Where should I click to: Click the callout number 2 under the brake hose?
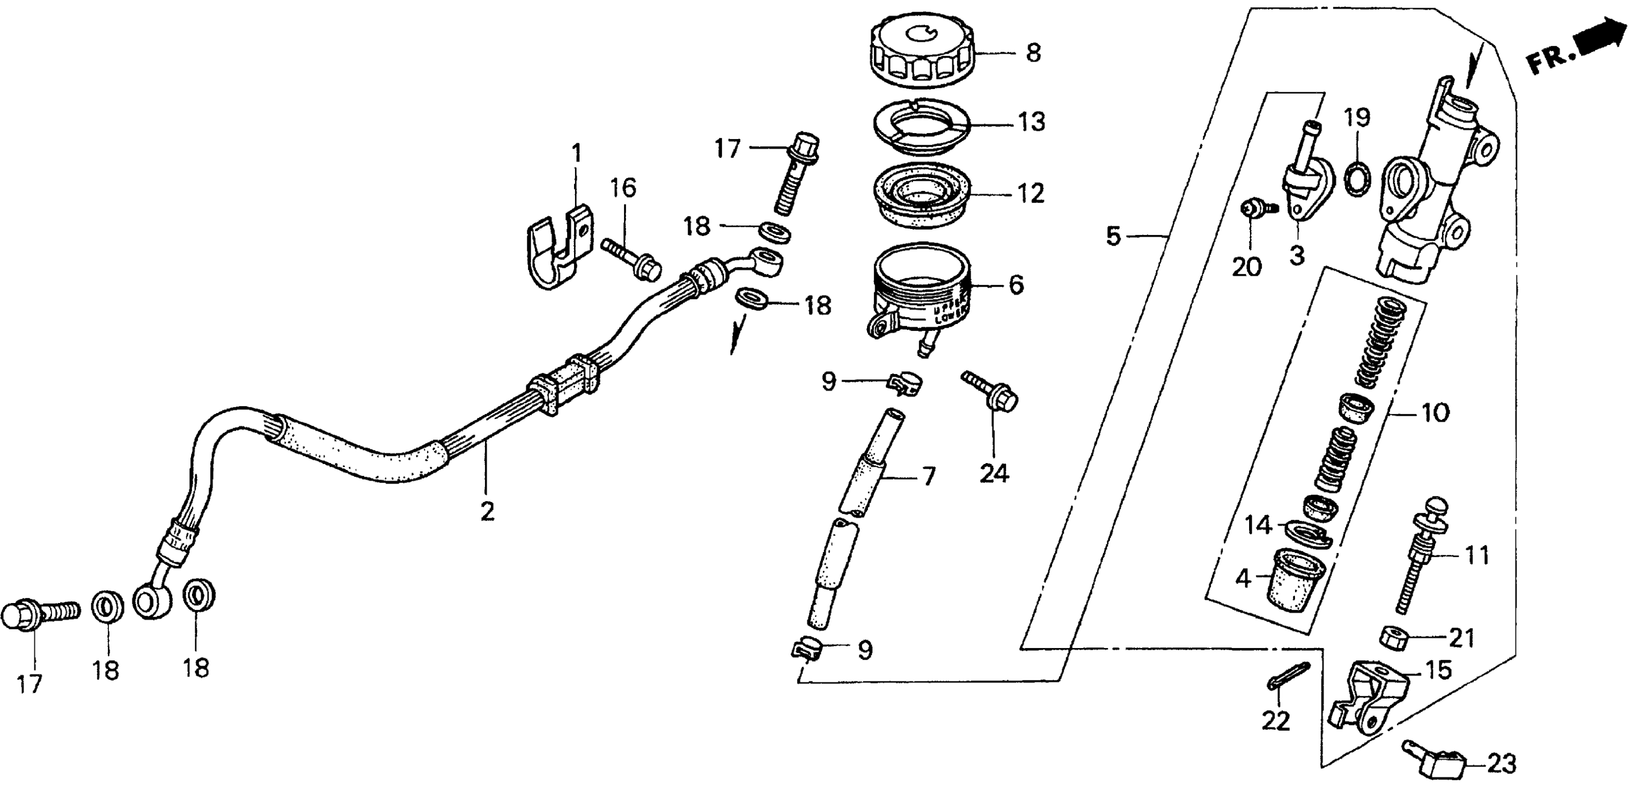(x=487, y=511)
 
